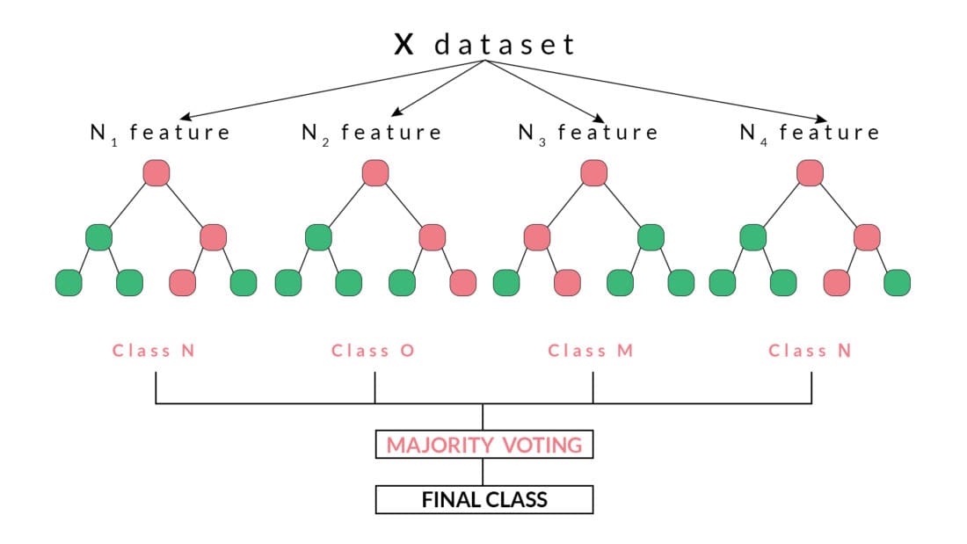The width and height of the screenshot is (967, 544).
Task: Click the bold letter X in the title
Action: click(x=404, y=45)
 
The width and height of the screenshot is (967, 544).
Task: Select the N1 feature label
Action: click(x=160, y=134)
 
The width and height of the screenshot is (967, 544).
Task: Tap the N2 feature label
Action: click(x=371, y=134)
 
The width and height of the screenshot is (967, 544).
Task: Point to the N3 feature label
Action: click(x=588, y=134)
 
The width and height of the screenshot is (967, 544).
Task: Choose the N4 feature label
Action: click(x=810, y=134)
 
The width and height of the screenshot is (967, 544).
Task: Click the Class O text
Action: click(x=373, y=351)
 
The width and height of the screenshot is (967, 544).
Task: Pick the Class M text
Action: click(x=590, y=351)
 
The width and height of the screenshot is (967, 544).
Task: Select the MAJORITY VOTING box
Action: click(x=484, y=445)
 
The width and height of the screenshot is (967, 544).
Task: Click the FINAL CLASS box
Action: click(x=484, y=500)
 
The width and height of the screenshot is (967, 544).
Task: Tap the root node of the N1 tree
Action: click(x=156, y=172)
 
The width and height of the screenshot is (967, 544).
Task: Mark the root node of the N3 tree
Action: click(x=593, y=172)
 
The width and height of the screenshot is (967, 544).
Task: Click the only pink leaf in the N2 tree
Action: click(x=462, y=283)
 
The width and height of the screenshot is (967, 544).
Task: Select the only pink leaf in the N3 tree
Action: click(x=567, y=283)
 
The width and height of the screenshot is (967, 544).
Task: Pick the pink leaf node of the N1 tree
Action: click(x=183, y=283)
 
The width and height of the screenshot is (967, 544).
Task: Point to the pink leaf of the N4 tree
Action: click(x=837, y=283)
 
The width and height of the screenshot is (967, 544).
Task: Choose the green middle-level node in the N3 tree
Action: click(x=650, y=237)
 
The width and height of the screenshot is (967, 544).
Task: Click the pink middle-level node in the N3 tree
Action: click(x=536, y=237)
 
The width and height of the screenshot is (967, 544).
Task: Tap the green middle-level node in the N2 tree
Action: click(x=318, y=237)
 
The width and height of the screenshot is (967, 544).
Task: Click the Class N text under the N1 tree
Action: click(x=154, y=351)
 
